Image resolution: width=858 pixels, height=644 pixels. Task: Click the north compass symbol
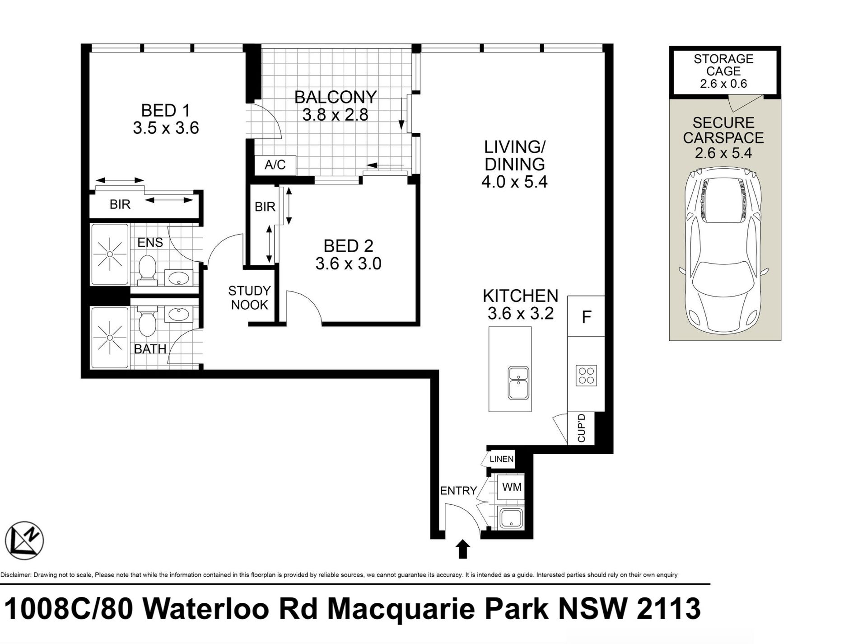coord(24,541)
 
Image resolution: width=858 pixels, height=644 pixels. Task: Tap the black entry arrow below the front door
coord(462,549)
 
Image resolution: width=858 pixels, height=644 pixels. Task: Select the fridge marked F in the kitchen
coord(586,316)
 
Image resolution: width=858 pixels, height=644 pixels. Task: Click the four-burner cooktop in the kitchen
coord(586,375)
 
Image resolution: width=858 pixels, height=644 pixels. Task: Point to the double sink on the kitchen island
coord(518,383)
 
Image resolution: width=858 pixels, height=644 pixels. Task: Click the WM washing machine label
coord(512,487)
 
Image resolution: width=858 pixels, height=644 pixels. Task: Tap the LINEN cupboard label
coord(501,459)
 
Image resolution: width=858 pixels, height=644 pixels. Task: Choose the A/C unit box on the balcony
coord(275,165)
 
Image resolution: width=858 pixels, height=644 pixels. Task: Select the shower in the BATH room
coord(110,338)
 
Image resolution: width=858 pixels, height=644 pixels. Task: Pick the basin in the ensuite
coord(178,278)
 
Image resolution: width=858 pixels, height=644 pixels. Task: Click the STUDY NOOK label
coord(249,298)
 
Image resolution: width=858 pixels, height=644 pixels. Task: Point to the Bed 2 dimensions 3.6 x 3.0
coord(348,263)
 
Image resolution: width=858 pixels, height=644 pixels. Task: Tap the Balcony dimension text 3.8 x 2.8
coord(335,114)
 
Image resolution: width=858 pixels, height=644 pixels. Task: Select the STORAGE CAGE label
coord(723,65)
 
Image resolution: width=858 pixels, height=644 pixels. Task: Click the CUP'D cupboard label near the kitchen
coord(581,428)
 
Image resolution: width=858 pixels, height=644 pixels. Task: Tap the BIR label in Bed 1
coord(120,205)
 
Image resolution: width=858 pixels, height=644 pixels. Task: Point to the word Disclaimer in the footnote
coord(16,575)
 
